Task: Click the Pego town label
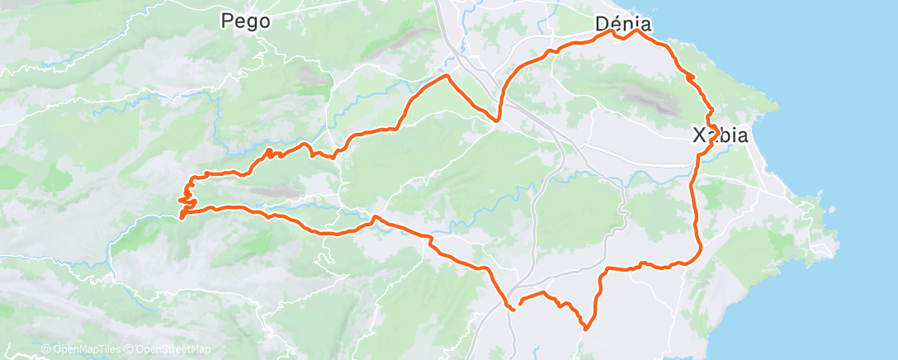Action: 246,22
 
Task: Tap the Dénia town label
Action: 623,25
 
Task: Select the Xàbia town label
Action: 720,135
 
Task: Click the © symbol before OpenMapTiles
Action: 46,350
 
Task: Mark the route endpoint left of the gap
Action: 513,309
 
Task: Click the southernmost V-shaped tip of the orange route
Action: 585,329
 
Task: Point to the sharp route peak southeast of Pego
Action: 447,75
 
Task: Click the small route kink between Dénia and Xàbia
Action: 691,77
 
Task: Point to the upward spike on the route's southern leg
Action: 375,217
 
